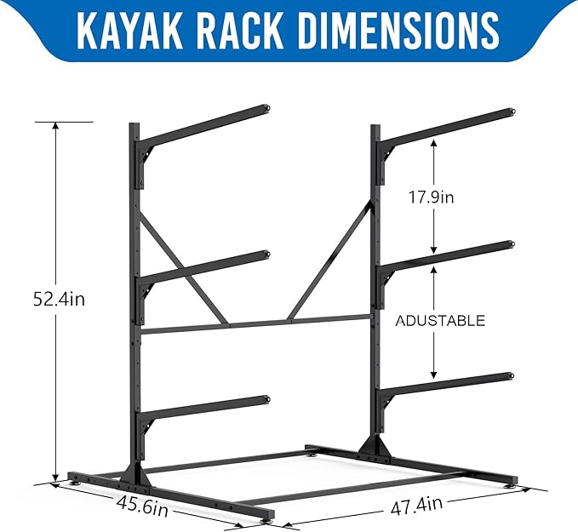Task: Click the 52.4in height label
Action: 57,300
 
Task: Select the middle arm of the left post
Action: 204,266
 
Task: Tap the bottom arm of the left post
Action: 204,407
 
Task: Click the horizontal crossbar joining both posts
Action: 255,325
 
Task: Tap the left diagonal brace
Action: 183,268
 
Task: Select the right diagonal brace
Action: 334,255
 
